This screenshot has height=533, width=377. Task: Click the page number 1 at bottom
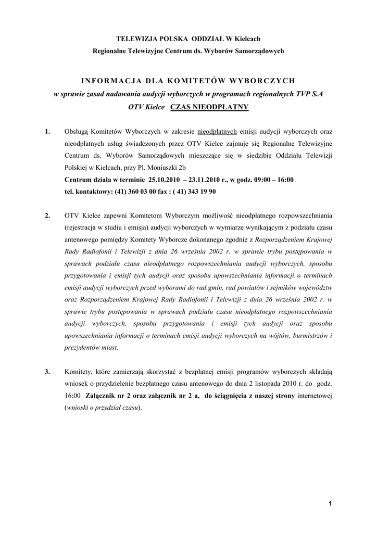[x=330, y=503]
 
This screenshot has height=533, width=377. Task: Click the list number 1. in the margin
[x=47, y=132]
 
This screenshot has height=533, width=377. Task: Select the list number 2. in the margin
[x=47, y=215]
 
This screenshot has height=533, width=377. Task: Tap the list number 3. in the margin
[x=47, y=371]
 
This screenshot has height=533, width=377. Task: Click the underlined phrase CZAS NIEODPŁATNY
[x=209, y=107]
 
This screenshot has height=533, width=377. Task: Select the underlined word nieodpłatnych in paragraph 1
[x=217, y=132]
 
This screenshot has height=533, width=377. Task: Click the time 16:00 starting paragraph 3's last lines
[x=72, y=395]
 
